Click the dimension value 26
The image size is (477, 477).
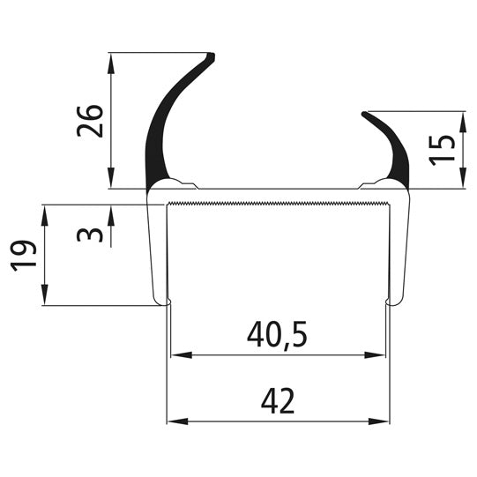tap(91, 121)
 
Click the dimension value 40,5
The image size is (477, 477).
tap(277, 336)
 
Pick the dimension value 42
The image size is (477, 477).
tap(278, 402)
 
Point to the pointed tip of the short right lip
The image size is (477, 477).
tap(364, 115)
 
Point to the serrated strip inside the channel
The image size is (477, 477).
tap(278, 205)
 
